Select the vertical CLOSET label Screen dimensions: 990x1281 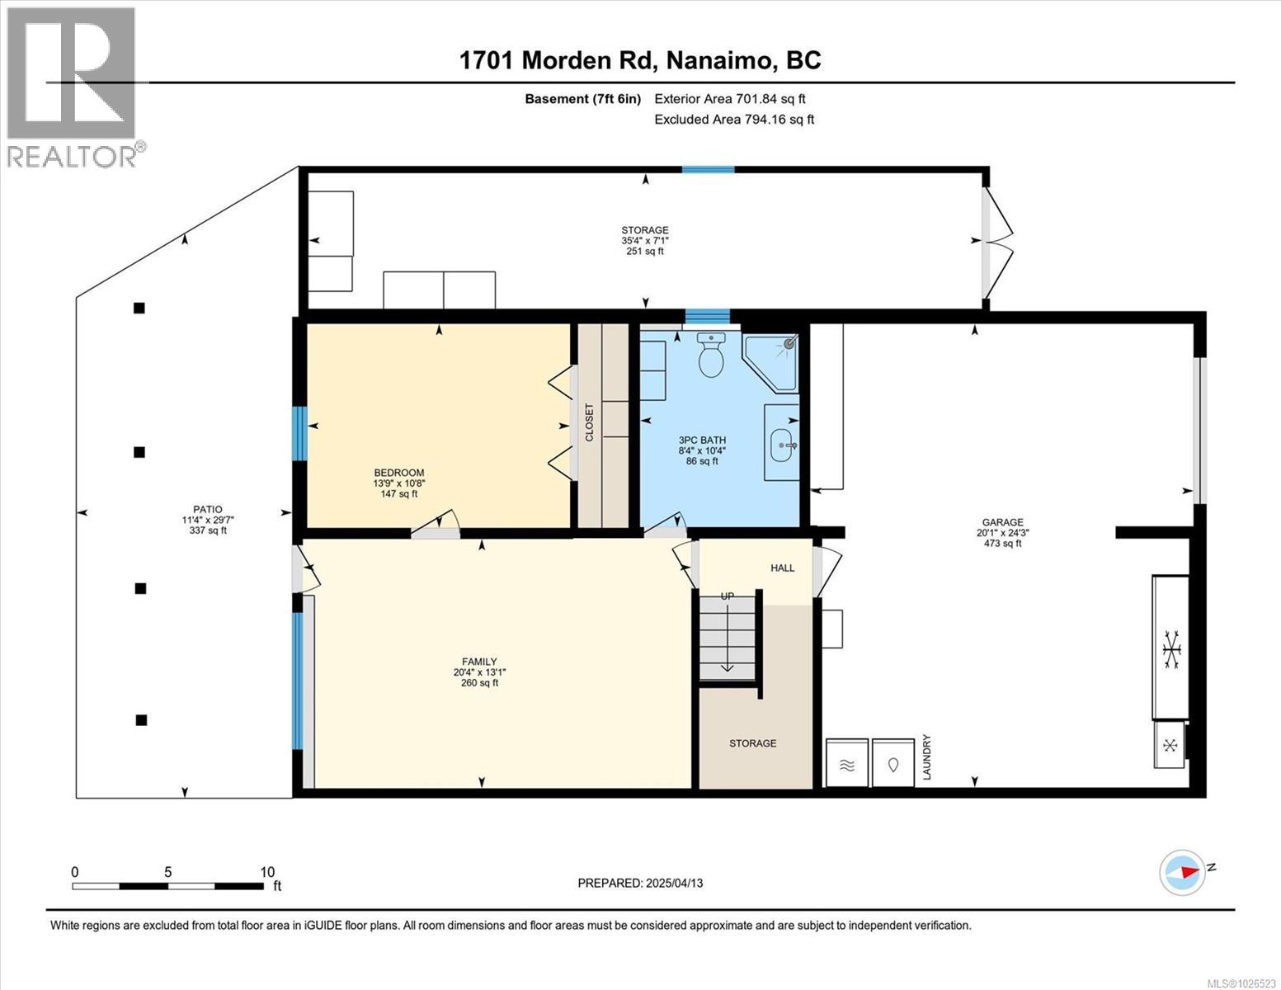[589, 422]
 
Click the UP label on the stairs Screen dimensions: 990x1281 [728, 596]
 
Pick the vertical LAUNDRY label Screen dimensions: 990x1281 [926, 757]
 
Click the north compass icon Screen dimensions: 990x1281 [1182, 872]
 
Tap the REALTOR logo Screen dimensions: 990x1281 [72, 87]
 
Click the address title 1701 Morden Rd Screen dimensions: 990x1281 [639, 60]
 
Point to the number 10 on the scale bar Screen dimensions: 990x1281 [266, 872]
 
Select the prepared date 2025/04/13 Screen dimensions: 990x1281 [640, 883]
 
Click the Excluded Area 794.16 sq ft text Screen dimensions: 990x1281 [734, 120]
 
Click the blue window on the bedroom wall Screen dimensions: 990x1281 [301, 433]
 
